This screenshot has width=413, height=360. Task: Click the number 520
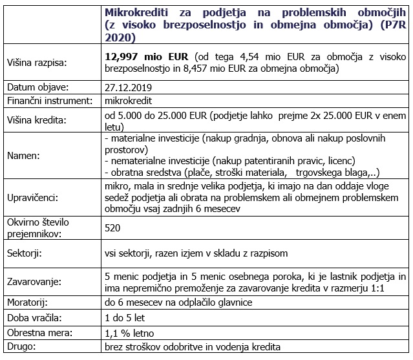(112, 228)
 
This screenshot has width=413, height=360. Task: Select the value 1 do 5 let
(125, 318)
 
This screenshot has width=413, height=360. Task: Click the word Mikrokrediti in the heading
(135, 15)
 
